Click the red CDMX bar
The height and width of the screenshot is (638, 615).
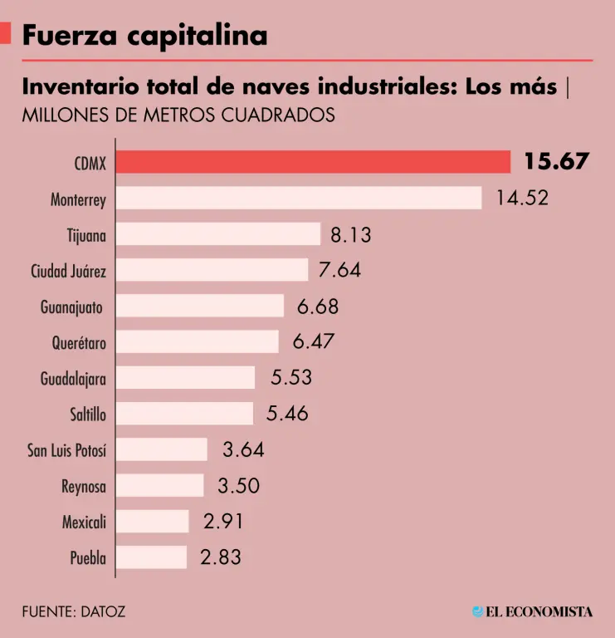pyautogui.click(x=312, y=162)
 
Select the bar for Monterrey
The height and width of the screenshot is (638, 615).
pyautogui.click(x=298, y=199)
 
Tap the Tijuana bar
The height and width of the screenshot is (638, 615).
pyautogui.click(x=217, y=234)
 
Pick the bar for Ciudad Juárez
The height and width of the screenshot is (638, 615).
pyautogui.click(x=212, y=270)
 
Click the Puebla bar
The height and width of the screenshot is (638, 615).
pyautogui.click(x=151, y=557)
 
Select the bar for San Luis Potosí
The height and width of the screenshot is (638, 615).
pyautogui.click(x=161, y=449)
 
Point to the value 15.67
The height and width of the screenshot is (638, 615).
pyautogui.click(x=555, y=161)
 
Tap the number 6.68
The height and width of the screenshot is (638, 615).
pyautogui.click(x=317, y=307)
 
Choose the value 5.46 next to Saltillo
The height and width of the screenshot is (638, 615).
pyautogui.click(x=286, y=413)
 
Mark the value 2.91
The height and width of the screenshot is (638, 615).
pyautogui.click(x=223, y=522)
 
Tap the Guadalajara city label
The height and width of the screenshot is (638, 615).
pyautogui.click(x=73, y=379)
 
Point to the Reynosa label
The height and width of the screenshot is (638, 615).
pyautogui.click(x=84, y=486)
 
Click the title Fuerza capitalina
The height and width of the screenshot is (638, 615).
pyautogui.click(x=144, y=35)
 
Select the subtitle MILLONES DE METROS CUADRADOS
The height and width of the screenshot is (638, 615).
pyautogui.click(x=178, y=115)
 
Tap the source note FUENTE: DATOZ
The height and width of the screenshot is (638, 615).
pyautogui.click(x=74, y=611)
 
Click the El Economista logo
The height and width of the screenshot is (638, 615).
pyautogui.click(x=532, y=611)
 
